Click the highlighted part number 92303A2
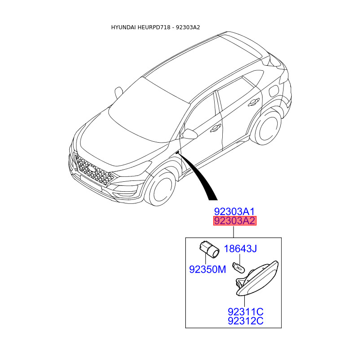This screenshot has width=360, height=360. pos(234,221)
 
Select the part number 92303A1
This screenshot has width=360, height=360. pos(234,211)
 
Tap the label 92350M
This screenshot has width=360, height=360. pos(207,270)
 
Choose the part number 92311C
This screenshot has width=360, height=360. pos(245,311)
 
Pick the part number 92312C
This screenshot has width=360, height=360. pos(245,321)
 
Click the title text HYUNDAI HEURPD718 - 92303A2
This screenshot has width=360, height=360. pos(156,27)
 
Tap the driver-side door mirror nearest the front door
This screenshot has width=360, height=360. pos(189,134)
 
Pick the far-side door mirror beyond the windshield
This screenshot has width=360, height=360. pos(118,92)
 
